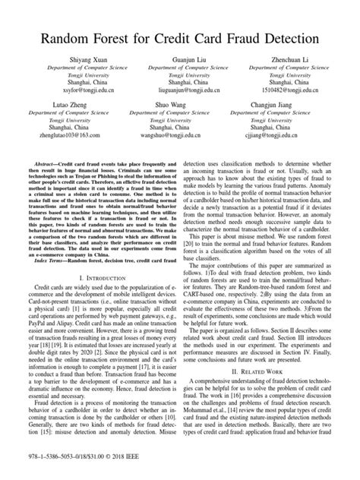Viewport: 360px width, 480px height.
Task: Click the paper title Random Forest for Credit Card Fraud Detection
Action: (180, 37)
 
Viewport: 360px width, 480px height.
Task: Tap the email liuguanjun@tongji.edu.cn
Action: (180, 89)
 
